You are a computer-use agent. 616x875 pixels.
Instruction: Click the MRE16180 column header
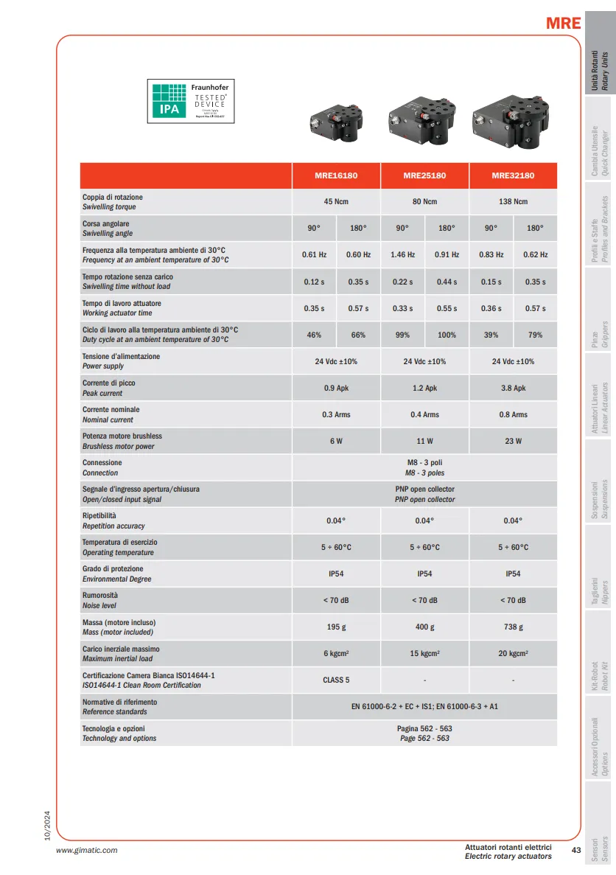point(336,175)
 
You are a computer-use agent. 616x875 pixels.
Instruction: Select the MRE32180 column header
point(513,175)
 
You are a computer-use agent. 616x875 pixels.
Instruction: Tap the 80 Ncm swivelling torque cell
point(424,202)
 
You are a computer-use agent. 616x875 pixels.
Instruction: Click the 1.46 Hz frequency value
point(402,255)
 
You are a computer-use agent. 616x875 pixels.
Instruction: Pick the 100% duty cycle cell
point(447,335)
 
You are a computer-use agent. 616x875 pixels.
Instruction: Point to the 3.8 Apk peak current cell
point(513,388)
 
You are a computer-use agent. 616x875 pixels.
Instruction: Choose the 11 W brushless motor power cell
point(424,441)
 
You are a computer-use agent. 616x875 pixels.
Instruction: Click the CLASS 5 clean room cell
point(336,680)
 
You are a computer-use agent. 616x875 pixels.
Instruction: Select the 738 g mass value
point(513,627)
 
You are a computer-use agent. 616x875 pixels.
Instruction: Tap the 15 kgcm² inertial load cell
point(424,653)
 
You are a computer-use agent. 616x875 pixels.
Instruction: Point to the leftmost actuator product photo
point(336,118)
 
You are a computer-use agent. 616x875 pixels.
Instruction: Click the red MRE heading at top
point(563,23)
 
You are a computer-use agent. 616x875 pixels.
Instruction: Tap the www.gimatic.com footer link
point(87,850)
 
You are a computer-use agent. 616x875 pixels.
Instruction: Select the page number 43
point(576,850)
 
